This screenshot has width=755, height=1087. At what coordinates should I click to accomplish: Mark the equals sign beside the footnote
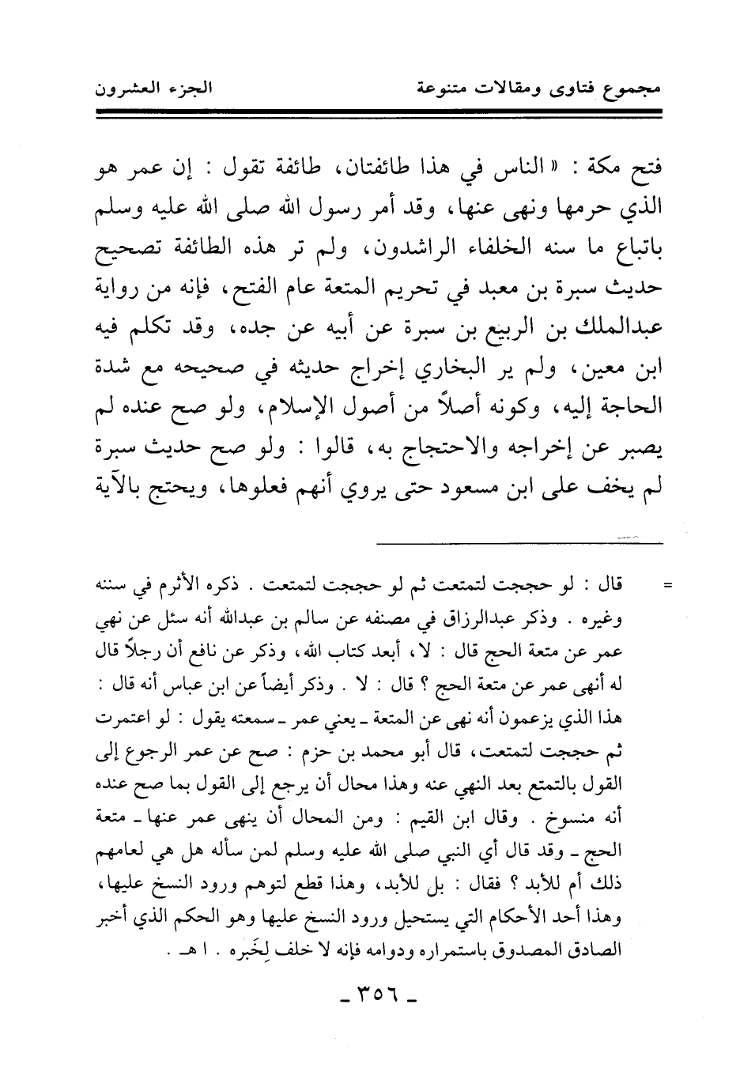pyautogui.click(x=666, y=588)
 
